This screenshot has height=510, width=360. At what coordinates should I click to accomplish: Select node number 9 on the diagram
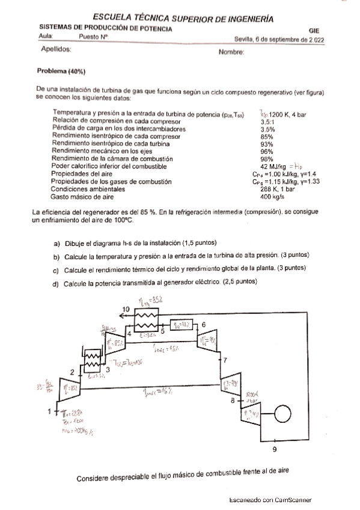(x=275, y=449)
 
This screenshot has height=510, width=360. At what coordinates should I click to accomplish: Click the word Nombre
(x=231, y=52)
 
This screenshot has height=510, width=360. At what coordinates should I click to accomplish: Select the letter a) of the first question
(x=57, y=243)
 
